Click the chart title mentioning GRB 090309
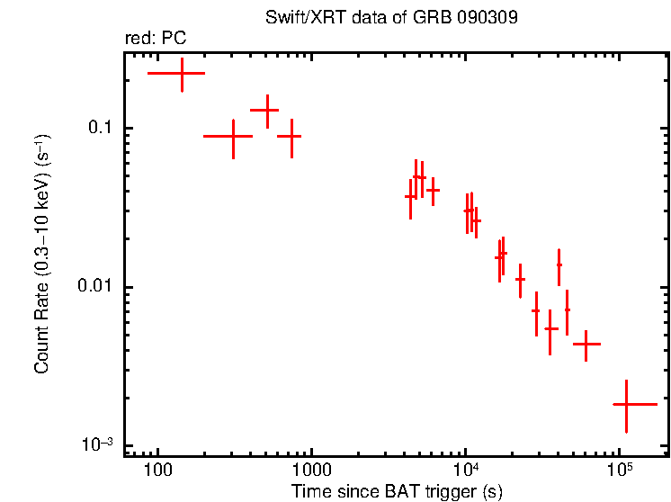(391, 18)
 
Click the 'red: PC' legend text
(156, 39)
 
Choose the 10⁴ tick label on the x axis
(465, 470)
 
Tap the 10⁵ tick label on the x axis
(619, 470)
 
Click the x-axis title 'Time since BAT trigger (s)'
(397, 491)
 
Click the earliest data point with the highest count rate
(182, 74)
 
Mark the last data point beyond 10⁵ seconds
(626, 405)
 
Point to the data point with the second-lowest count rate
(586, 345)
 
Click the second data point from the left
(233, 137)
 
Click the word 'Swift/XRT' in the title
(297, 18)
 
